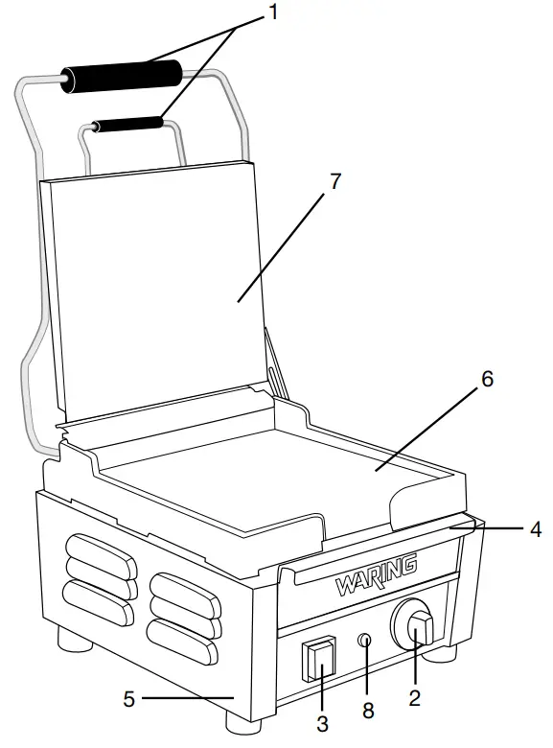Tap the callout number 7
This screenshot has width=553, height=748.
pyautogui.click(x=334, y=182)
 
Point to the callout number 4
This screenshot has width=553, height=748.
pyautogui.click(x=537, y=527)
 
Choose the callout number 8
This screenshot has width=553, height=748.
pyautogui.click(x=369, y=711)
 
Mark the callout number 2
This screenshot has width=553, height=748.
pyautogui.click(x=414, y=699)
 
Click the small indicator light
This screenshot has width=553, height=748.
pyautogui.click(x=365, y=641)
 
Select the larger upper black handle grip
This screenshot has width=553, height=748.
pyautogui.click(x=122, y=78)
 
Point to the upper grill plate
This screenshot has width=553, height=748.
pyautogui.click(x=153, y=288)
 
